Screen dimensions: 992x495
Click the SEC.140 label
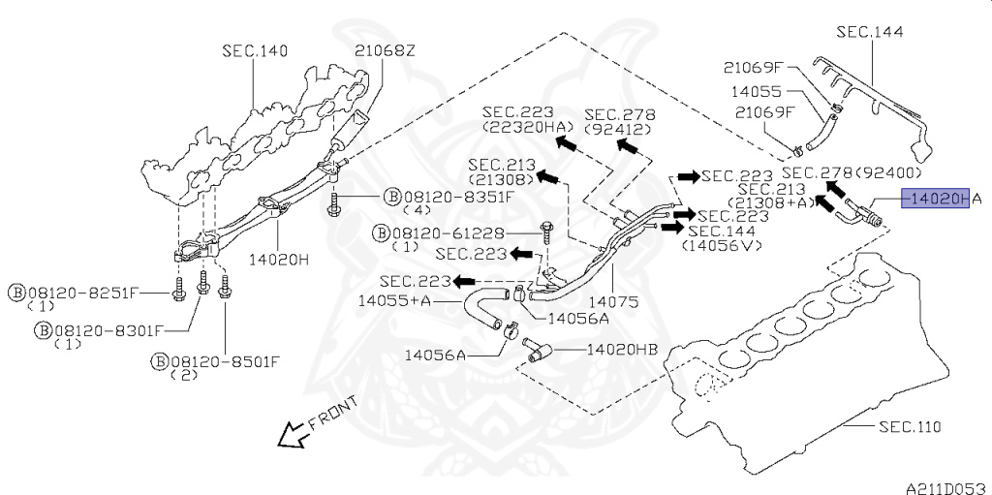coord(255,50)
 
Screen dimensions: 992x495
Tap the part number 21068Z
coord(385,50)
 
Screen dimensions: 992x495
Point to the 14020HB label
coord(623,350)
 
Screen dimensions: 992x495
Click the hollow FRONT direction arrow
coord(294,435)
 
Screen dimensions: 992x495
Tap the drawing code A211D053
coord(947,488)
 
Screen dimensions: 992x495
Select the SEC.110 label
coord(910,426)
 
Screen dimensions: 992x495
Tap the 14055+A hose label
coord(394,300)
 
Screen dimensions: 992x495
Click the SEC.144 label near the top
coord(870,32)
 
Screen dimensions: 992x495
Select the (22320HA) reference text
coord(518,126)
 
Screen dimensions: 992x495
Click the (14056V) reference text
coord(721,246)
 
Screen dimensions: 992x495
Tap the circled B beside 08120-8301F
coord(43,330)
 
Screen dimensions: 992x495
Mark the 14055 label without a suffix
coord(757,91)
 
